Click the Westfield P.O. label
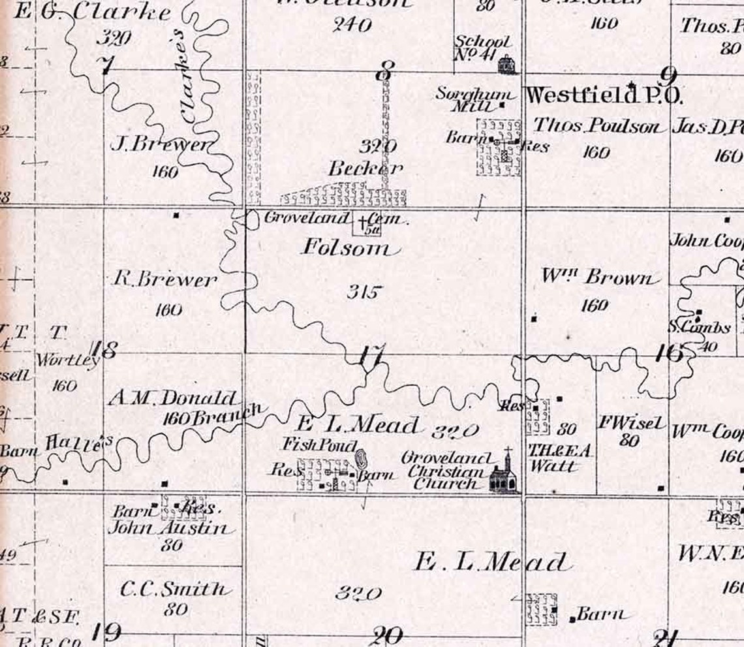tap(604, 95)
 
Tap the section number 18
tap(105, 350)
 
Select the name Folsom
tap(349, 248)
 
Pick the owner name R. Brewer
tap(164, 279)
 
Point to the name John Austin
tap(168, 528)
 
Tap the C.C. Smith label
tap(175, 589)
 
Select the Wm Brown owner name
tap(597, 277)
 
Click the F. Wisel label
tap(630, 423)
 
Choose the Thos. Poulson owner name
tap(597, 126)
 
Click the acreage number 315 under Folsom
tap(363, 292)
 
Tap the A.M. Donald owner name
tap(172, 398)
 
